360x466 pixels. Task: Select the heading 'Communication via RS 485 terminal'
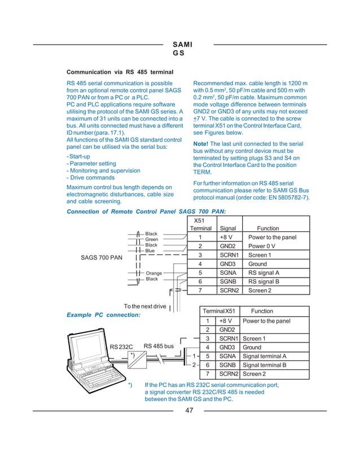pyautogui.click(x=120, y=73)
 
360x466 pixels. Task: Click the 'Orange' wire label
pyautogui.click(x=154, y=273)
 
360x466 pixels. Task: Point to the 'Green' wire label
pyautogui.click(x=152, y=239)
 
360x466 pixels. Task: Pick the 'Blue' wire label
pyautogui.click(x=150, y=250)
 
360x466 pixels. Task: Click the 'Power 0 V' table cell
pyautogui.click(x=262, y=247)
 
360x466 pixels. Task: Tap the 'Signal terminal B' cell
pyautogui.click(x=265, y=365)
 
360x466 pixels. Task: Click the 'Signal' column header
pyautogui.click(x=227, y=228)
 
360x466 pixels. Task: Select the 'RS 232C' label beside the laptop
pyautogui.click(x=121, y=346)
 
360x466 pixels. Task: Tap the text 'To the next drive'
pyautogui.click(x=145, y=306)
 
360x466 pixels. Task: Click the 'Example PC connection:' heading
pyautogui.click(x=103, y=314)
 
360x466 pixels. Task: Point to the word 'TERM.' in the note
pyautogui.click(x=203, y=172)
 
